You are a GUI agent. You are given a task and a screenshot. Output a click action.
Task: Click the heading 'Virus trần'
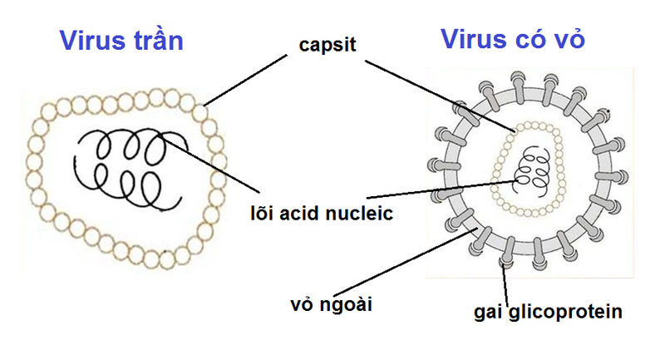coord(121,39)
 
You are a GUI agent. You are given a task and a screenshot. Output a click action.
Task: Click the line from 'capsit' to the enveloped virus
coord(441,93)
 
